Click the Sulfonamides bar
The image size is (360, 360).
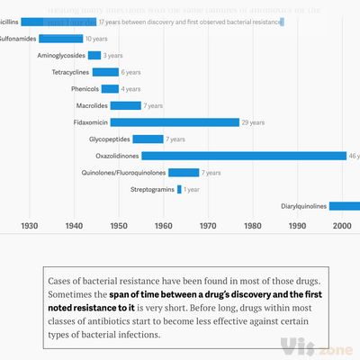(x=60, y=39)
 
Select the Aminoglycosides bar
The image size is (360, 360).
(x=94, y=55)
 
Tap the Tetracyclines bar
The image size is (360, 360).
(x=105, y=72)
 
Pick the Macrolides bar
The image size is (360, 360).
(x=125, y=105)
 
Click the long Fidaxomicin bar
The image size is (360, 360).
(x=175, y=122)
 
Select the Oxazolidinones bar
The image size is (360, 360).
(x=243, y=156)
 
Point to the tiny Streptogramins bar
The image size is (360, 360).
(x=179, y=189)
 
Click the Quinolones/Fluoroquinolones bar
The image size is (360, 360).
(x=184, y=173)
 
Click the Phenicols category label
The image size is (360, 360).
(x=84, y=89)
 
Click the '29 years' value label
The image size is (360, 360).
(x=254, y=122)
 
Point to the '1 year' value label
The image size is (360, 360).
(x=192, y=190)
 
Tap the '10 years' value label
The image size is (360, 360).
(x=96, y=39)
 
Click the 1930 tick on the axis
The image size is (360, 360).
(x=29, y=226)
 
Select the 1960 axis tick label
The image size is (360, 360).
(x=163, y=226)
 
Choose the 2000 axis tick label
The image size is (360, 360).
(x=342, y=226)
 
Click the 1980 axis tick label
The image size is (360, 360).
(x=253, y=226)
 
